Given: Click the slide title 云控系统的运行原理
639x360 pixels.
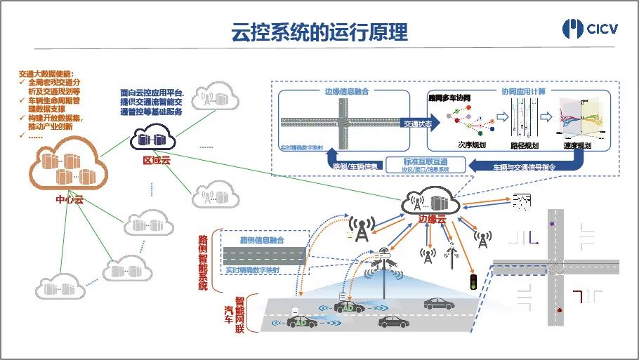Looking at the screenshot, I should (319, 32).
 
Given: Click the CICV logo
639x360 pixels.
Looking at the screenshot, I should (591, 29).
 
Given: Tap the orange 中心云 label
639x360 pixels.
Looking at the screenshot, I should (70, 199).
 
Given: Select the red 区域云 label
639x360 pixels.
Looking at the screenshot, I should (157, 161).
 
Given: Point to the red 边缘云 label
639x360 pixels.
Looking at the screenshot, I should (432, 218).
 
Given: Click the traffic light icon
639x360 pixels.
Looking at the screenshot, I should (473, 283).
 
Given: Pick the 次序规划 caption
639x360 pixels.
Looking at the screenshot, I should (470, 145).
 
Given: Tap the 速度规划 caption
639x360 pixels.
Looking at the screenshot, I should (577, 145).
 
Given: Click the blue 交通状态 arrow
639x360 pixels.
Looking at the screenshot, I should (419, 123).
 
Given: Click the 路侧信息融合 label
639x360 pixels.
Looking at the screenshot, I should (262, 240).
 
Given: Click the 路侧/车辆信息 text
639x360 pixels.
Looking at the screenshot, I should (355, 166).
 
